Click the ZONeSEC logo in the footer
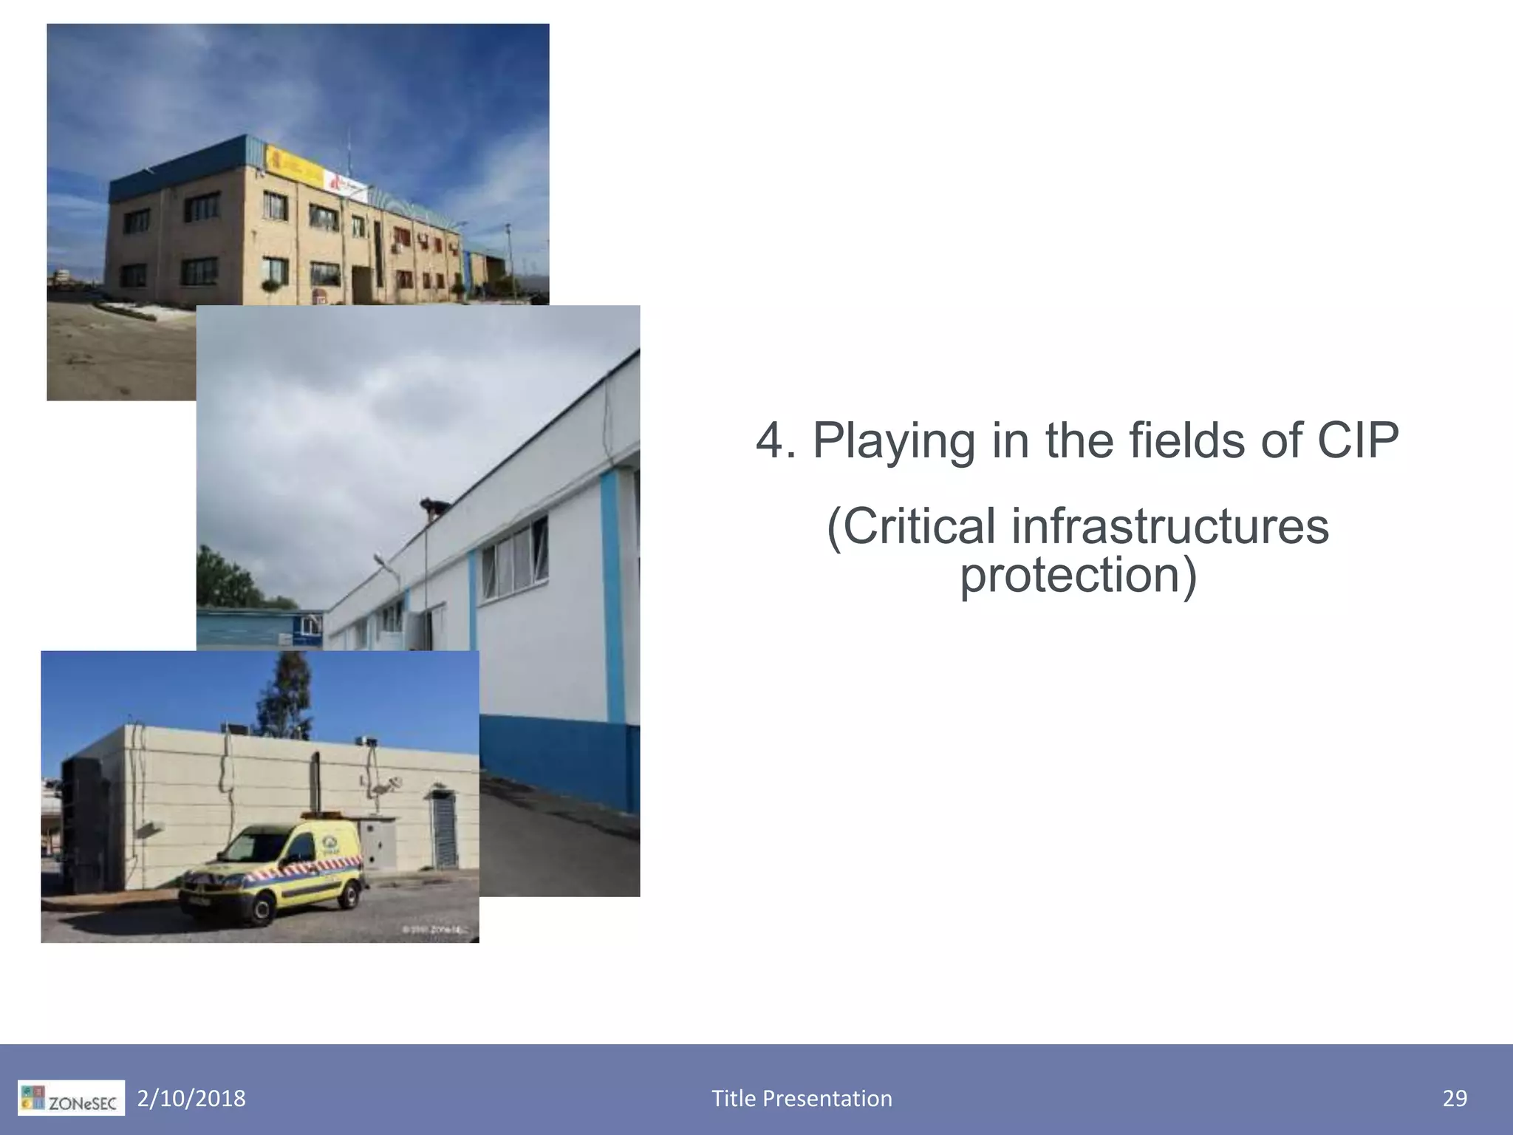coord(72,1099)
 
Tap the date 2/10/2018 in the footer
coord(191,1099)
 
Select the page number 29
coord(1455,1099)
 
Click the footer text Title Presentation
coord(802,1099)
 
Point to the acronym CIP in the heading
coord(1357,441)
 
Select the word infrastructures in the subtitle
coord(1169,526)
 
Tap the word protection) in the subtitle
coord(1078,575)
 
